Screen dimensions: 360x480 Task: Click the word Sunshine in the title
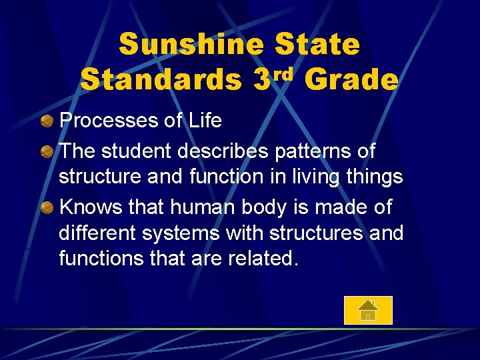(191, 45)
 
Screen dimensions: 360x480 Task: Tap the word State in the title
(317, 45)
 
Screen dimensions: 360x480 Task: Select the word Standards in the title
(161, 80)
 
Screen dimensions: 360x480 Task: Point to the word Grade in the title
(351, 80)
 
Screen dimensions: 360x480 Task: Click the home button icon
(368, 310)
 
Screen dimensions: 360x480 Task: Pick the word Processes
(111, 121)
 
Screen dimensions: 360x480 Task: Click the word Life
(204, 121)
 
